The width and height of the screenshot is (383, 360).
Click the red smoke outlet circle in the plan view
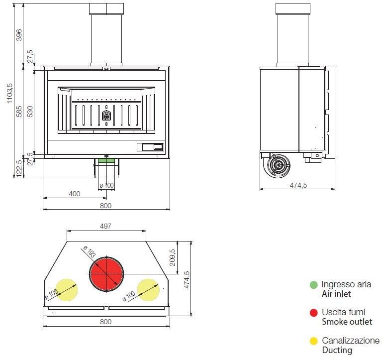106,274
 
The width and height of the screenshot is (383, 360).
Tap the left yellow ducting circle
65,290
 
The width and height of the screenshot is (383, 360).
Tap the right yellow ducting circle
148,290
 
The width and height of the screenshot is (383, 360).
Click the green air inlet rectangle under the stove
105,160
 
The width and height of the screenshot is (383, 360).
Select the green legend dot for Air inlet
313,285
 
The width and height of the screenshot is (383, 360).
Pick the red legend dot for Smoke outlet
313,313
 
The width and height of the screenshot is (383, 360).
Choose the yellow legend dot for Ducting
313,341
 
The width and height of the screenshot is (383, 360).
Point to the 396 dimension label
19,35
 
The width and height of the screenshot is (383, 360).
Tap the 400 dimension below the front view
74,194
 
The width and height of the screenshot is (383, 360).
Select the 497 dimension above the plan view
106,226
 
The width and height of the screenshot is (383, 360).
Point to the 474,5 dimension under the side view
298,185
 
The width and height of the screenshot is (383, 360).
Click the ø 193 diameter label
90,252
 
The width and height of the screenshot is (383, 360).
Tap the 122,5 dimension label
19,168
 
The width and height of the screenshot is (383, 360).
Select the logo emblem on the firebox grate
106,116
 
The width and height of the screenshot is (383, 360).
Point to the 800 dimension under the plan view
106,321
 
